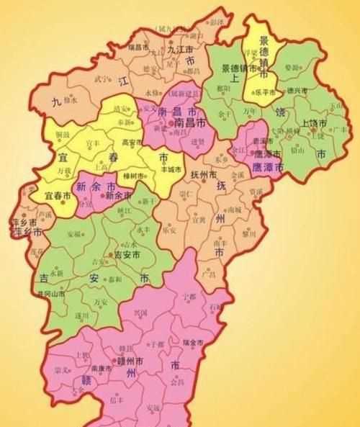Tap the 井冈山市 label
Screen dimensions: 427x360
point(53,294)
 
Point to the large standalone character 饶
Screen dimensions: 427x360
point(276,112)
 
